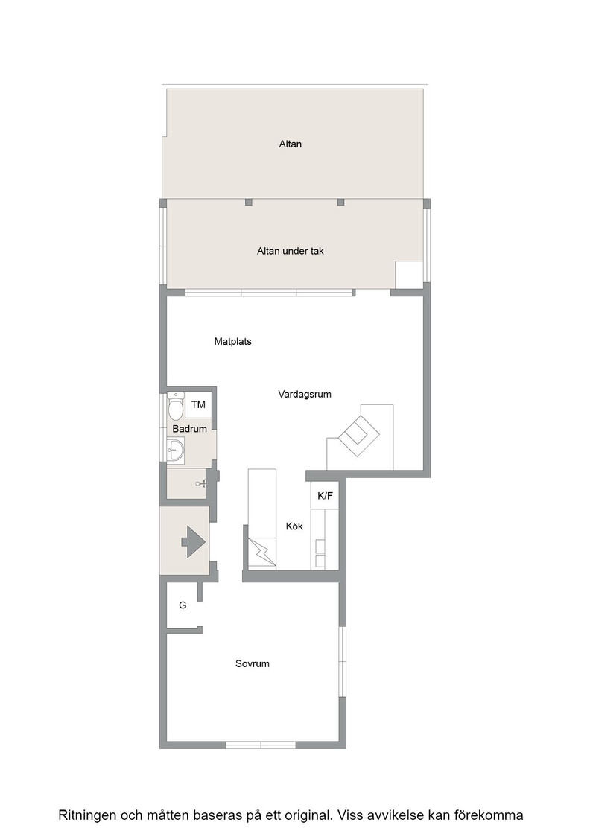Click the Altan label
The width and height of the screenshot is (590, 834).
pos(291,144)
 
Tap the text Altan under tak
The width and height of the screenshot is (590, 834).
pos(291,251)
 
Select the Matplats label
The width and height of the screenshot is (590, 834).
pos(232,342)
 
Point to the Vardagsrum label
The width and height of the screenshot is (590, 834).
pos(304,394)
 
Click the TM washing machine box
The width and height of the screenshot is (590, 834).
pos(198,405)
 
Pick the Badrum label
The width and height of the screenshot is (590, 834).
pos(189,429)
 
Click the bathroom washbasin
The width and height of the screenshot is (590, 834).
pos(175,451)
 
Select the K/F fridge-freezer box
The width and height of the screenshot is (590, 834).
pos(325,496)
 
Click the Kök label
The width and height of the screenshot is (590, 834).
pos(294,526)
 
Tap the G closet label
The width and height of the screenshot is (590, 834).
pos(183,605)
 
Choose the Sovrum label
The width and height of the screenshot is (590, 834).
pos(253,663)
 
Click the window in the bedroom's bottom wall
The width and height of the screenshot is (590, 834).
pos(261,745)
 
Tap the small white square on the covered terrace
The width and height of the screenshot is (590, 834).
pos(409,275)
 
